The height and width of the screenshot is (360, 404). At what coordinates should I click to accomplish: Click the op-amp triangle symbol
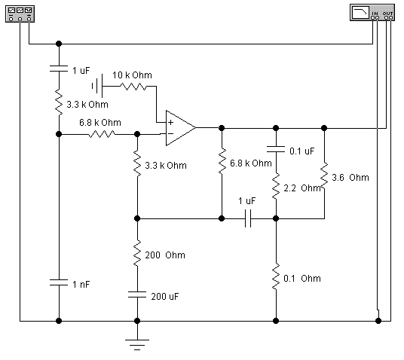[x=180, y=128]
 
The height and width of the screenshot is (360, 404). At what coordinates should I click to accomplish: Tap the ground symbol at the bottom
[x=137, y=344]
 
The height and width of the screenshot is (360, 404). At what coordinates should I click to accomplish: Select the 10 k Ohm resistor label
[x=132, y=75]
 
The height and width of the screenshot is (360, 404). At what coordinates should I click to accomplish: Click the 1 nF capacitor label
[x=81, y=284]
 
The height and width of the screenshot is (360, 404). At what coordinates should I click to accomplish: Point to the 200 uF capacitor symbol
[x=137, y=294]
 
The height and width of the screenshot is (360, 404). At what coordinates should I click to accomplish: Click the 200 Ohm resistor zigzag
[x=137, y=253]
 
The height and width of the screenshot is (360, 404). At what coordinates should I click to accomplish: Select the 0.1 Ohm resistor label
[x=302, y=279]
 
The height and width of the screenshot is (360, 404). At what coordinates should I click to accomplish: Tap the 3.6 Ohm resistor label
[x=350, y=178]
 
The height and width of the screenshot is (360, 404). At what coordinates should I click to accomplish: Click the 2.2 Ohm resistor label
[x=302, y=188]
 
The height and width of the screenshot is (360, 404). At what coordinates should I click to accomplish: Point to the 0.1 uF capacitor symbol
[x=276, y=149]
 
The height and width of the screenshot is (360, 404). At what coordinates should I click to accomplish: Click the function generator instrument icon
[x=20, y=14]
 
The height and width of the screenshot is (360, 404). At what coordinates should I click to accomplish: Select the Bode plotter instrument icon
[x=372, y=12]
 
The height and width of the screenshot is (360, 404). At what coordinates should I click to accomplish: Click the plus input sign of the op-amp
[x=170, y=122]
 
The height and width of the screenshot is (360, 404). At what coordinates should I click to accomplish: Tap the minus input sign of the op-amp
[x=170, y=133]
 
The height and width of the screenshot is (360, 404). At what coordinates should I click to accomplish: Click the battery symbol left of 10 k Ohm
[x=97, y=86]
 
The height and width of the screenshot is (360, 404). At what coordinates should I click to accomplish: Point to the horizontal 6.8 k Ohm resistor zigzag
[x=102, y=134]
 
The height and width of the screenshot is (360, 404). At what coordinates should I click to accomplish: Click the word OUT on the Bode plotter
[x=387, y=13]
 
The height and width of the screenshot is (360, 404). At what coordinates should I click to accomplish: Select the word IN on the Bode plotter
[x=375, y=13]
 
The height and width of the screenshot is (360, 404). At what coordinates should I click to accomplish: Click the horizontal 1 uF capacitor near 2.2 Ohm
[x=248, y=218]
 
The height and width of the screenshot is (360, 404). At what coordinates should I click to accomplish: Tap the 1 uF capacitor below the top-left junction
[x=59, y=69]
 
